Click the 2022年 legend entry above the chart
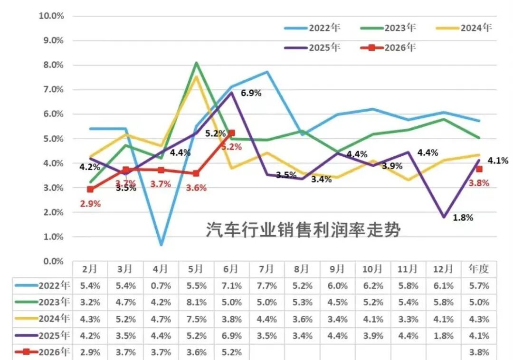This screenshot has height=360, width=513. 313,28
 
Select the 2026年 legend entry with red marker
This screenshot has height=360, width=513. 388,48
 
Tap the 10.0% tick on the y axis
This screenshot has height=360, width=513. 51,16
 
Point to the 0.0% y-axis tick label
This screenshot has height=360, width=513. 53,261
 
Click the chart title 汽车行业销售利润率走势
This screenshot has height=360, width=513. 303,229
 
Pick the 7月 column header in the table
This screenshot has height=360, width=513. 266,269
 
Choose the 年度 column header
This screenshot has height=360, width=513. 479,269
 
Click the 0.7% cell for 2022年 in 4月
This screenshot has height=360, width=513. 161,286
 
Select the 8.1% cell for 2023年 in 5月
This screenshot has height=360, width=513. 196,303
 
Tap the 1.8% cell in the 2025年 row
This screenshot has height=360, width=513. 443,336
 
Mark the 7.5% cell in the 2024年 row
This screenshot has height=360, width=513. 196,319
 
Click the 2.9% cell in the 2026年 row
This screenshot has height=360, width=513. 90,352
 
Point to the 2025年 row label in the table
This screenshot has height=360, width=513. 54,336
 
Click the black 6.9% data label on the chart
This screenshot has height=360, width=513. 251,93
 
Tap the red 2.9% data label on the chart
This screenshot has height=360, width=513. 90,204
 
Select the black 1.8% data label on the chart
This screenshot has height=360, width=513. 463,218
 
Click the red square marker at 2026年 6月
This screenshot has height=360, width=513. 232,133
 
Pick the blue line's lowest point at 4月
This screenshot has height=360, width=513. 161,245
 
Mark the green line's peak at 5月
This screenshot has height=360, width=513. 196,62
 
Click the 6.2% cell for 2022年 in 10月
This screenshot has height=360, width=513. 373,286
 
